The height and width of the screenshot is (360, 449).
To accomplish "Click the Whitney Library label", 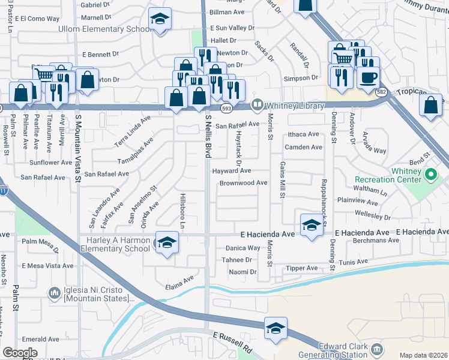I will tap(295, 105).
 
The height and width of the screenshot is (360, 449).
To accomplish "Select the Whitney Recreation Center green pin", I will tap(430, 175).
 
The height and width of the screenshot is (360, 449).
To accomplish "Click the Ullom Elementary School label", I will tap(104, 29).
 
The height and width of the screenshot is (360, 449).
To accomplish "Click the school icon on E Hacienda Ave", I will tap(311, 226).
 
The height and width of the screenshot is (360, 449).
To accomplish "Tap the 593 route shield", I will tap(226, 108).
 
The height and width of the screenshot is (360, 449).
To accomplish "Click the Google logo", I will tap(20, 352).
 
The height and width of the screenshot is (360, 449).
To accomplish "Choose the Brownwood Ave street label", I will tap(243, 183).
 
